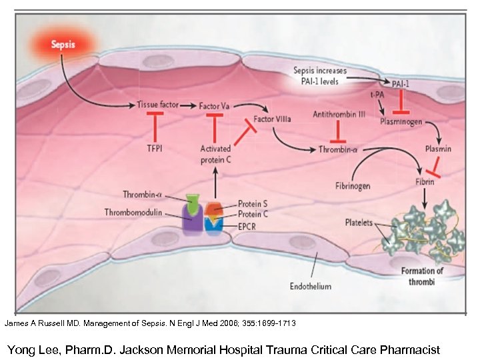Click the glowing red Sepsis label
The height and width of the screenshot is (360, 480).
pos(65,45)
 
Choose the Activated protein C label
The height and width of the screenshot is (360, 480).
pos(216,154)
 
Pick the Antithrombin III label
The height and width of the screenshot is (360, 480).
pos(339,115)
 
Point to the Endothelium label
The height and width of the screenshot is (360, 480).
pos(310,286)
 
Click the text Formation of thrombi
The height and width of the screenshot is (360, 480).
pos(422,275)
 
